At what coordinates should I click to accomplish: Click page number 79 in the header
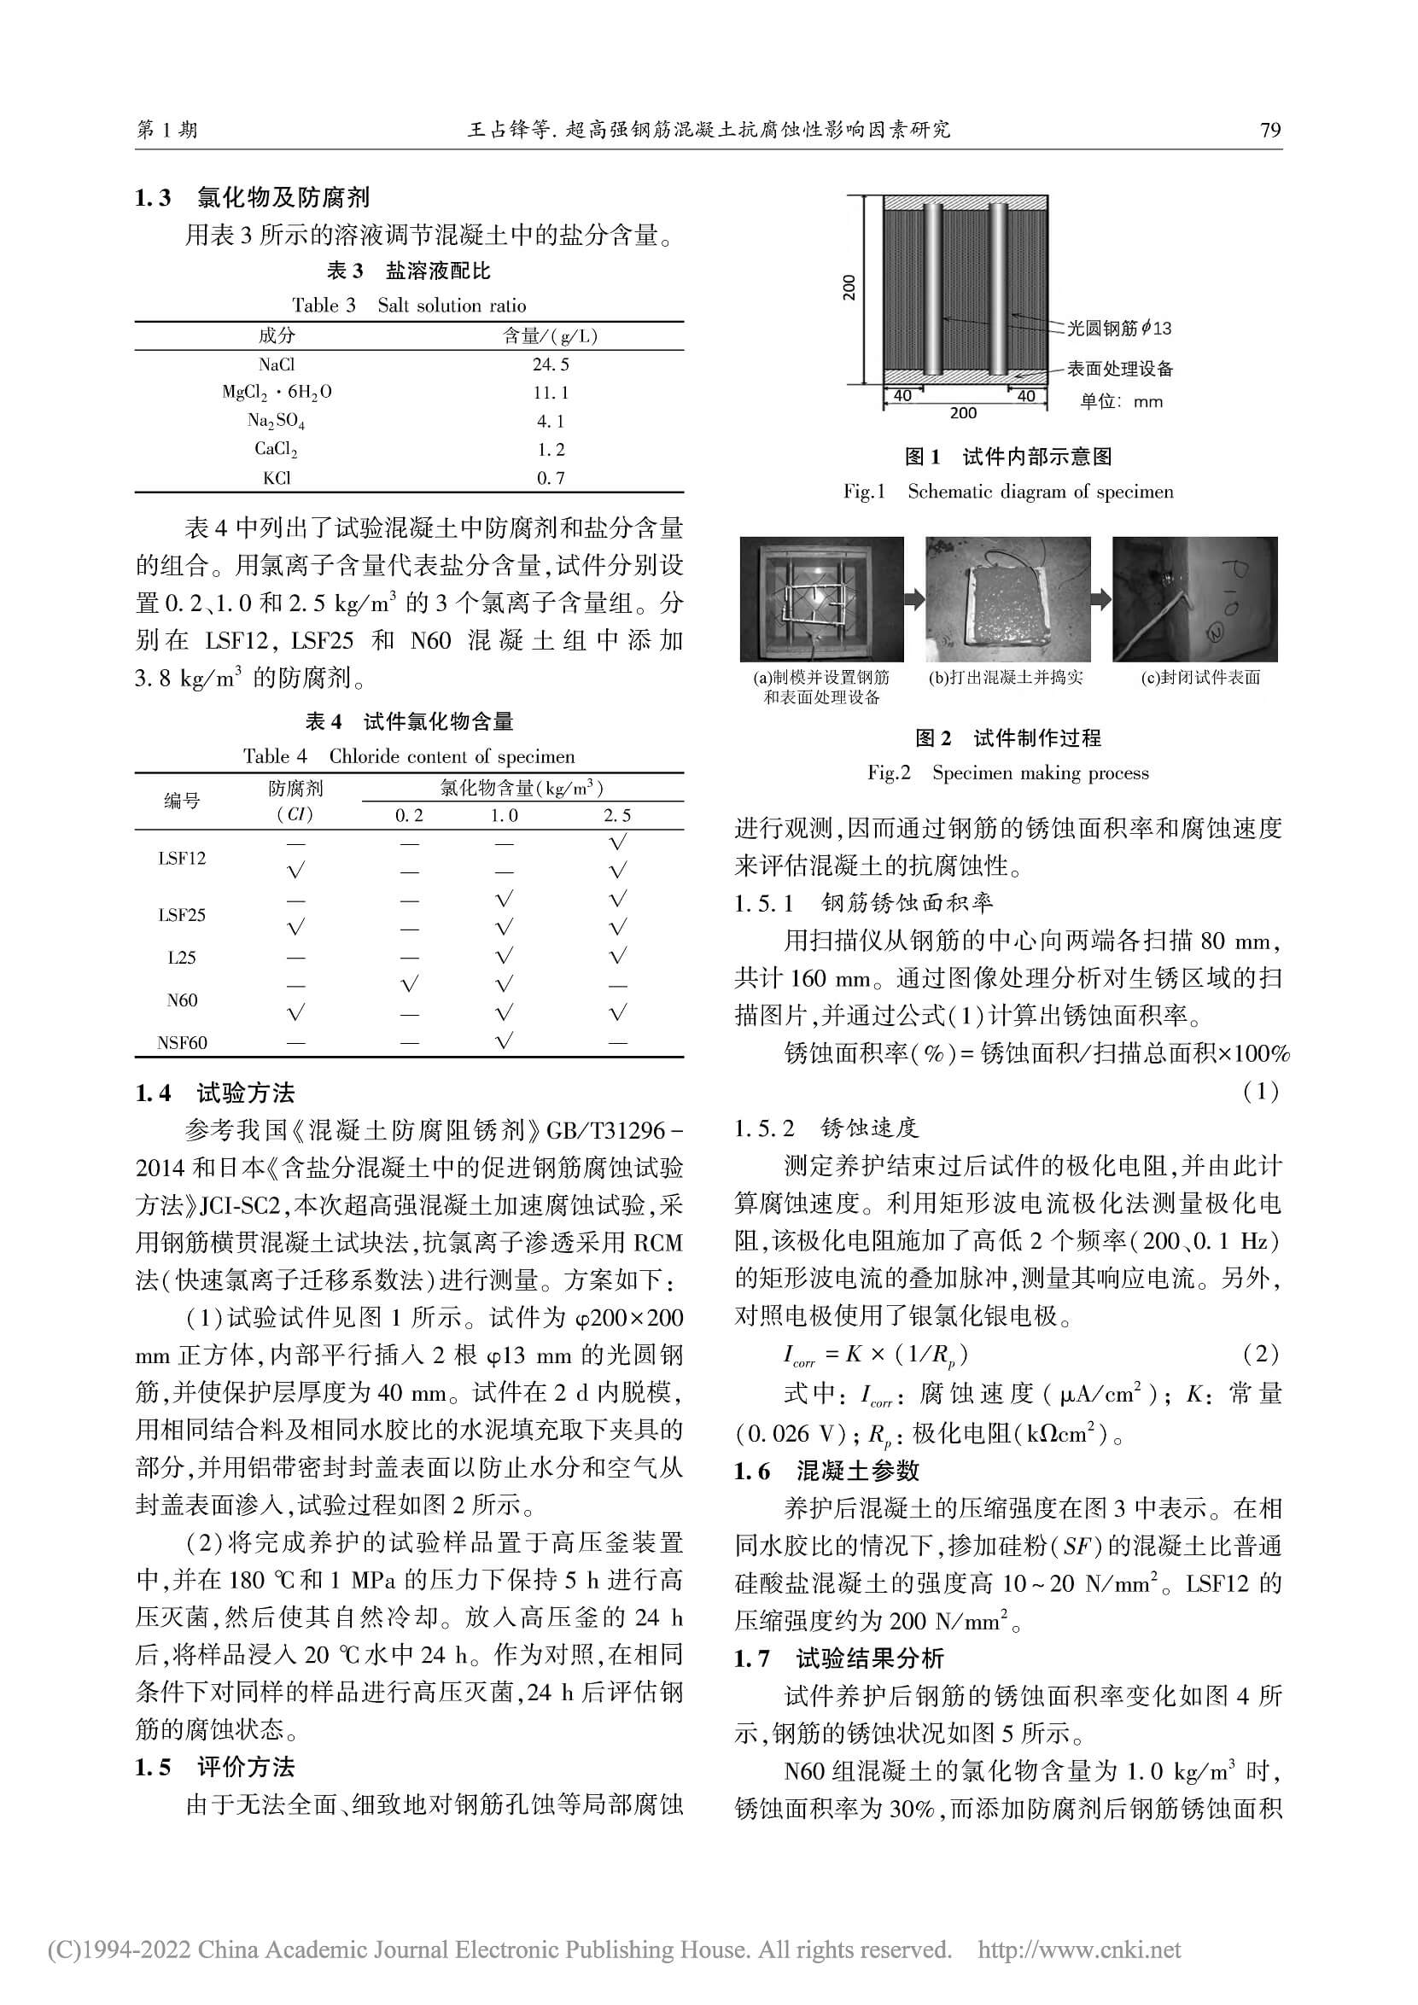[x=1269, y=130]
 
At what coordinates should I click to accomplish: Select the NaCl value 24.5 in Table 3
[x=550, y=364]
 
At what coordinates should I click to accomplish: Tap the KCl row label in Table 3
[x=276, y=478]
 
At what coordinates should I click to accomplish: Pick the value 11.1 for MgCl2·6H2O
[x=550, y=393]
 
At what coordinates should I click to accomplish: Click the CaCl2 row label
[x=276, y=449]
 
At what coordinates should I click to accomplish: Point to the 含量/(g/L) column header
[x=550, y=336]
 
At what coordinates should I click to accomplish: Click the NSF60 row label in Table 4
[x=182, y=1043]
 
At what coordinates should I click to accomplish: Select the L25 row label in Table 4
[x=182, y=957]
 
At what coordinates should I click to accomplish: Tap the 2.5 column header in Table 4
[x=616, y=816]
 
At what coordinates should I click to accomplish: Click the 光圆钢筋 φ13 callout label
[x=1119, y=329]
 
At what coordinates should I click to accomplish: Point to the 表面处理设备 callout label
[x=1119, y=369]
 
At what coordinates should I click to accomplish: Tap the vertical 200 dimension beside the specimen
[x=849, y=288]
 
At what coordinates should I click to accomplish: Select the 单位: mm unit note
[x=1121, y=402]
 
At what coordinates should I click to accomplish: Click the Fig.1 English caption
[x=1007, y=492]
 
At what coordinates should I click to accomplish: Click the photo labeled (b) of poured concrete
[x=1007, y=599]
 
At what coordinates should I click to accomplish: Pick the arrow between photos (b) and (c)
[x=1101, y=599]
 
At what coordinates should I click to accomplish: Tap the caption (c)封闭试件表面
[x=1200, y=678]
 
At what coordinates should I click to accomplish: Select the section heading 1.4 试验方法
[x=216, y=1093]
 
